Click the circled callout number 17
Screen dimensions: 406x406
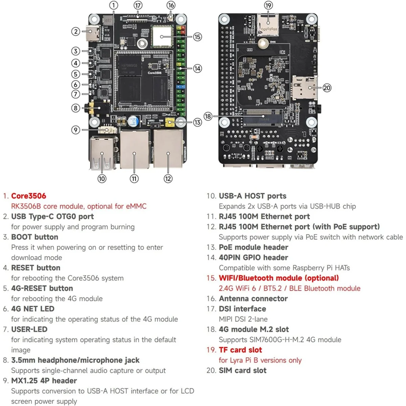tap(138, 5)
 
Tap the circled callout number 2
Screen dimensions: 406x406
tap(75, 31)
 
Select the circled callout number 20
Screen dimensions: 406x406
tap(327, 88)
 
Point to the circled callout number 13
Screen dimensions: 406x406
tap(197, 122)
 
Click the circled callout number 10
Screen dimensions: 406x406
tap(102, 178)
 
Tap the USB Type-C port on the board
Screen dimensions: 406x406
tap(93, 33)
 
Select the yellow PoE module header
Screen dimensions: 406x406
tap(170, 123)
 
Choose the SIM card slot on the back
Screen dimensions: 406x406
tap(303, 87)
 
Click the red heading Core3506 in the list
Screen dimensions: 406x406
tap(28, 196)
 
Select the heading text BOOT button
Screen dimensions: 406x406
tap(35, 237)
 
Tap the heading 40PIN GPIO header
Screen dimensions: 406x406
tap(253, 257)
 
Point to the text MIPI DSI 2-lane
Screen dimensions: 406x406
tap(243, 319)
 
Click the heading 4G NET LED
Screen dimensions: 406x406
tap(32, 309)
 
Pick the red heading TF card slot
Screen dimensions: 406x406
tap(240, 350)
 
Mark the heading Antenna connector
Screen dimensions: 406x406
tap(253, 298)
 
